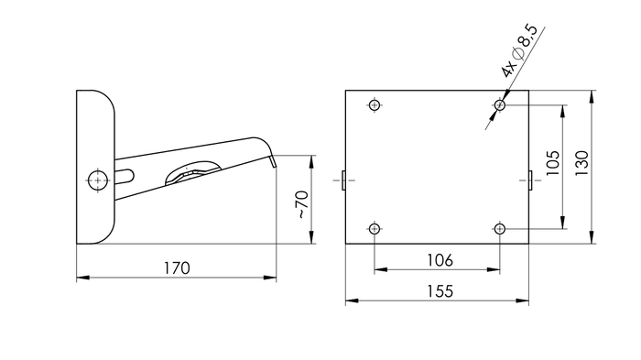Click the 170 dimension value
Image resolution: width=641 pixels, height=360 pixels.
(x=176, y=267)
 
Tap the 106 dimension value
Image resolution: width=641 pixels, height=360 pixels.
(x=440, y=260)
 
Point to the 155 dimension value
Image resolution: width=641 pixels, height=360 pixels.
(x=440, y=290)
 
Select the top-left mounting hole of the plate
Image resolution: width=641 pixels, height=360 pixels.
(x=375, y=104)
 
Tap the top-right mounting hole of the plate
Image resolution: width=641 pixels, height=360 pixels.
(x=500, y=105)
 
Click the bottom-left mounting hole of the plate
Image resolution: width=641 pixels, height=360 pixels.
(x=375, y=228)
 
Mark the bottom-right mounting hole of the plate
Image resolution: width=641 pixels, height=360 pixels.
(x=500, y=228)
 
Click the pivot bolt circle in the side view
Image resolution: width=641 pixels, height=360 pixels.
(x=97, y=180)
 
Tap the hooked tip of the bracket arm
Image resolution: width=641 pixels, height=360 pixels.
(x=272, y=159)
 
